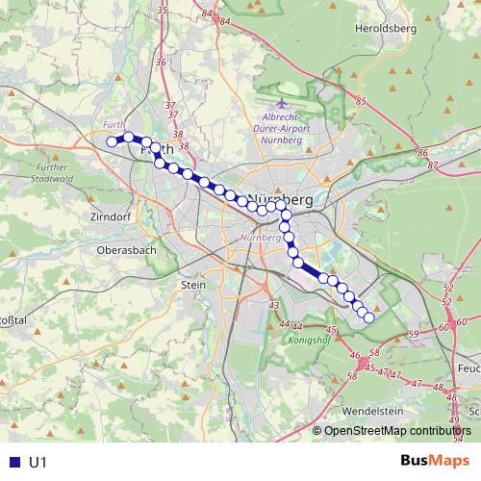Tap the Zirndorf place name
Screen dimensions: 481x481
(109, 217)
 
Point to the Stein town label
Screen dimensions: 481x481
(193, 285)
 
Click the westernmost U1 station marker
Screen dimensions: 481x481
(112, 141)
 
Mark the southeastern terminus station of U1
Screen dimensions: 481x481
(368, 317)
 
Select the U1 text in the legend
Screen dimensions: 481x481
(38, 463)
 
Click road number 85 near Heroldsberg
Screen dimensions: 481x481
(362, 101)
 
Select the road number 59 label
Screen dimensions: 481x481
(414, 334)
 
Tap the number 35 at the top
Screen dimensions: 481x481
(162, 10)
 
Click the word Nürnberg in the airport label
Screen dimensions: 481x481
(282, 139)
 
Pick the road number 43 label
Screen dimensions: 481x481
(273, 306)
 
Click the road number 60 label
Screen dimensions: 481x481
(461, 322)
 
